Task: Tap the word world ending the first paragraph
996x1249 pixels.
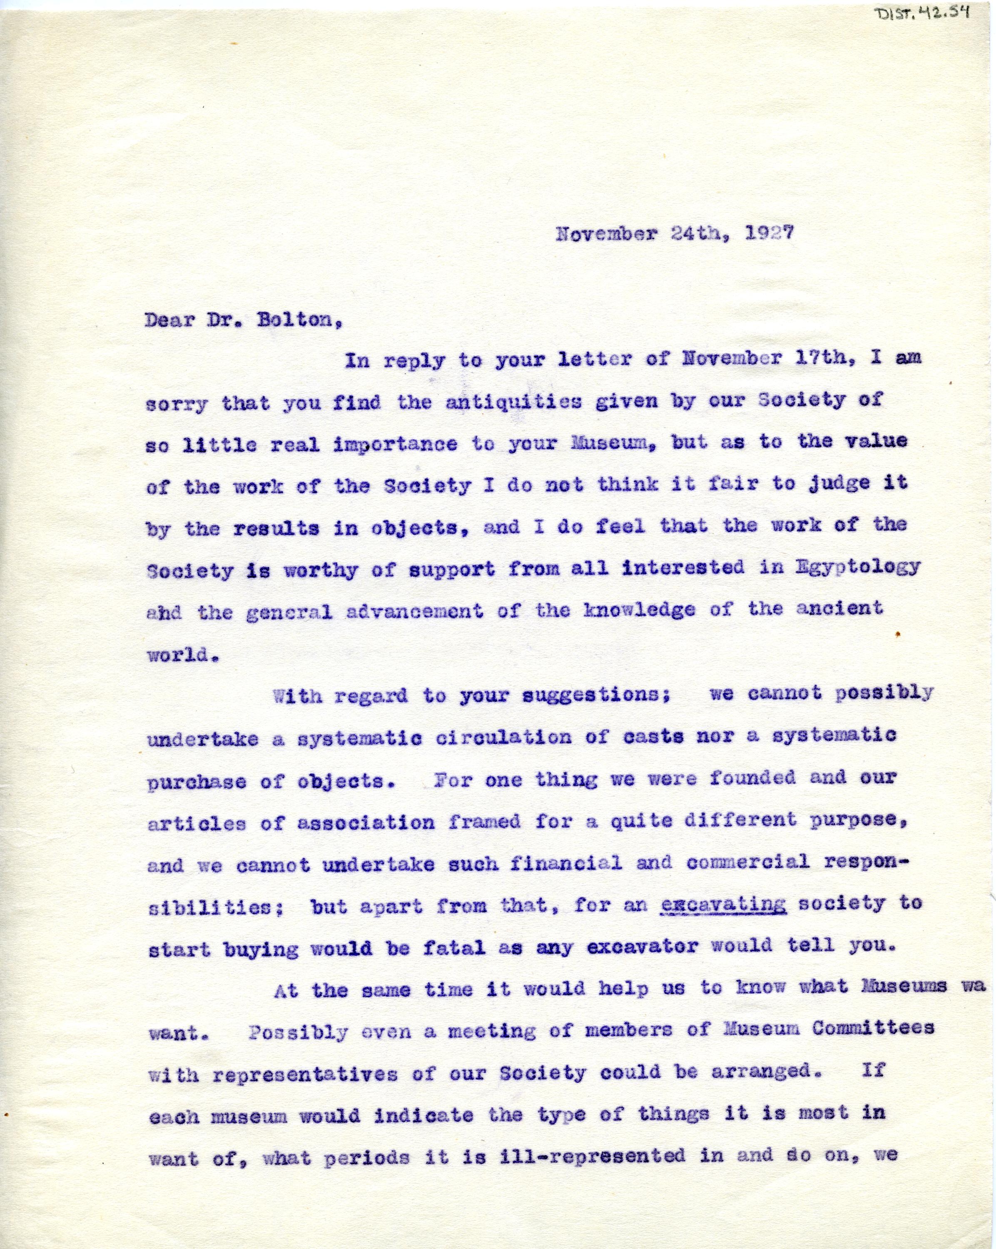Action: coord(175,654)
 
